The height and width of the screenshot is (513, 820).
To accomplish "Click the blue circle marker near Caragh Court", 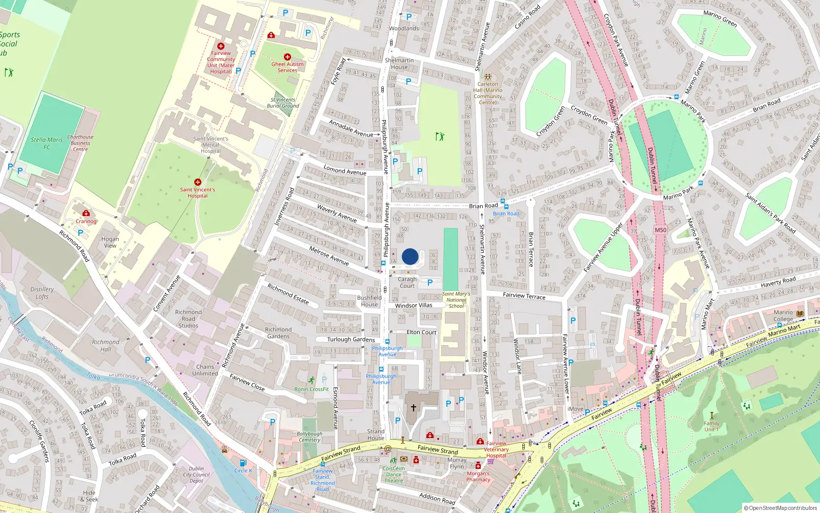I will tap(410, 256).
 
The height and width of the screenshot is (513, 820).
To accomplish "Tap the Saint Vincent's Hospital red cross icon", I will tap(198, 182).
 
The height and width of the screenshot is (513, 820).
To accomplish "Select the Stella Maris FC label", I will tap(47, 143).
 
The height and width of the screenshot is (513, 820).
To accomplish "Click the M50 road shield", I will tap(661, 230).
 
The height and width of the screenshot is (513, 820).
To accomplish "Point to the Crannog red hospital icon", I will tap(86, 213).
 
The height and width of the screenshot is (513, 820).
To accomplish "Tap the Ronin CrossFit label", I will tap(312, 389).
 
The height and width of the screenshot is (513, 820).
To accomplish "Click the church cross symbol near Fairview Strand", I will tap(414, 408).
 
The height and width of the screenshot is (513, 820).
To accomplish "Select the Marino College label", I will tap(783, 315).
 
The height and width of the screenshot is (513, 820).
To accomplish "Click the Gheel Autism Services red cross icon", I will tap(288, 57).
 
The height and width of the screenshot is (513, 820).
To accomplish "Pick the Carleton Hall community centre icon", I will tap(487, 76).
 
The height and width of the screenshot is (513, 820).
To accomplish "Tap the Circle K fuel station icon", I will tap(243, 463).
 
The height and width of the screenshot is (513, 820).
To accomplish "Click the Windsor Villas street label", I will tap(414, 305).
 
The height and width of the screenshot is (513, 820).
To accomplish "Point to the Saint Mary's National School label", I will tap(456, 300).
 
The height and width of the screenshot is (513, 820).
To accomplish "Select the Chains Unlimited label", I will tap(205, 370).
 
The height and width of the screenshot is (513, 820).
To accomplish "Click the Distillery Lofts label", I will tap(42, 293).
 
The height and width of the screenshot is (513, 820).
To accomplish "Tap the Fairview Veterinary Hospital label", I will tap(496, 449).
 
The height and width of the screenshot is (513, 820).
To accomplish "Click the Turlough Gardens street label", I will tap(351, 340).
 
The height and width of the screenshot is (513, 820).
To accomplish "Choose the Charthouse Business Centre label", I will tap(80, 143).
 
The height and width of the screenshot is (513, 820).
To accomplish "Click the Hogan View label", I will tap(110, 242).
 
